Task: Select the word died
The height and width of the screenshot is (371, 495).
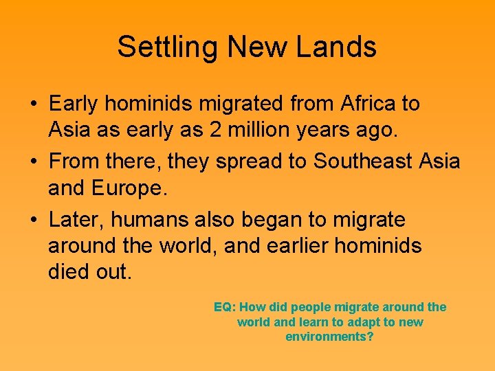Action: (68, 271)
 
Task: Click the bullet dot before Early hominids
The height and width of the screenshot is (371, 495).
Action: (33, 105)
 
